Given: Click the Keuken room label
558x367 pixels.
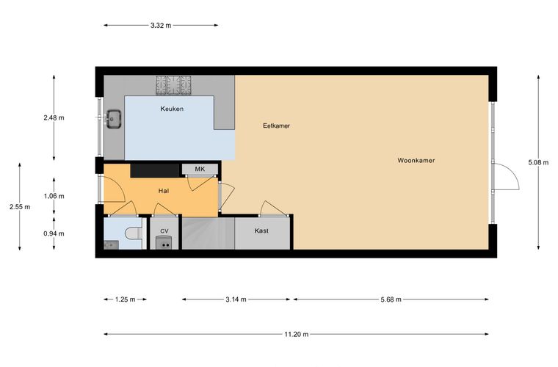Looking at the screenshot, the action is click(x=172, y=109).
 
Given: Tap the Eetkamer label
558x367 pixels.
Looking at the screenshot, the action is click(x=276, y=126).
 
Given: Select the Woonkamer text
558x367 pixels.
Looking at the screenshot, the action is click(x=416, y=161).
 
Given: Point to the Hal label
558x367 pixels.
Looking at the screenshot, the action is click(x=163, y=191).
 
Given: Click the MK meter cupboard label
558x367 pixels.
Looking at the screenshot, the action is click(x=200, y=170).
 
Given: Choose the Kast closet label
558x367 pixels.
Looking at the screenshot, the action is click(x=261, y=230).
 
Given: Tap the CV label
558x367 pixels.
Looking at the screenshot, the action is click(x=164, y=231).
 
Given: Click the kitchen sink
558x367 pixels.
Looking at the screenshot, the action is click(x=114, y=119).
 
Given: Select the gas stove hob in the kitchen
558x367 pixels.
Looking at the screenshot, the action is click(x=173, y=85).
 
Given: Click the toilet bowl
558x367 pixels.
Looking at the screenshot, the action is click(x=134, y=233).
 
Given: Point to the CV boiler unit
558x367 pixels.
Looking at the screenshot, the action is click(x=164, y=242).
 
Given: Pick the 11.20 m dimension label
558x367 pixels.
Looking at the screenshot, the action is click(x=296, y=334).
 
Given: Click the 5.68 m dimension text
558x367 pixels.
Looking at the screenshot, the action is click(x=391, y=299).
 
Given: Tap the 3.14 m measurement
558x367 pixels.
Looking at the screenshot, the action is click(x=236, y=299).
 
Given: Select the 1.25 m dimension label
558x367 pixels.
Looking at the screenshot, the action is click(x=126, y=299).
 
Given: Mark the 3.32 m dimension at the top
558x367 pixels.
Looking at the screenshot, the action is click(x=161, y=25).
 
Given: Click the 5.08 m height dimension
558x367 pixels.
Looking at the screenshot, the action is click(x=538, y=162).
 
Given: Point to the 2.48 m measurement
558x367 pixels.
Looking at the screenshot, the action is click(x=54, y=117).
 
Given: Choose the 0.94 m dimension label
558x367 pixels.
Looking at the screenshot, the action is click(x=54, y=233).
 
